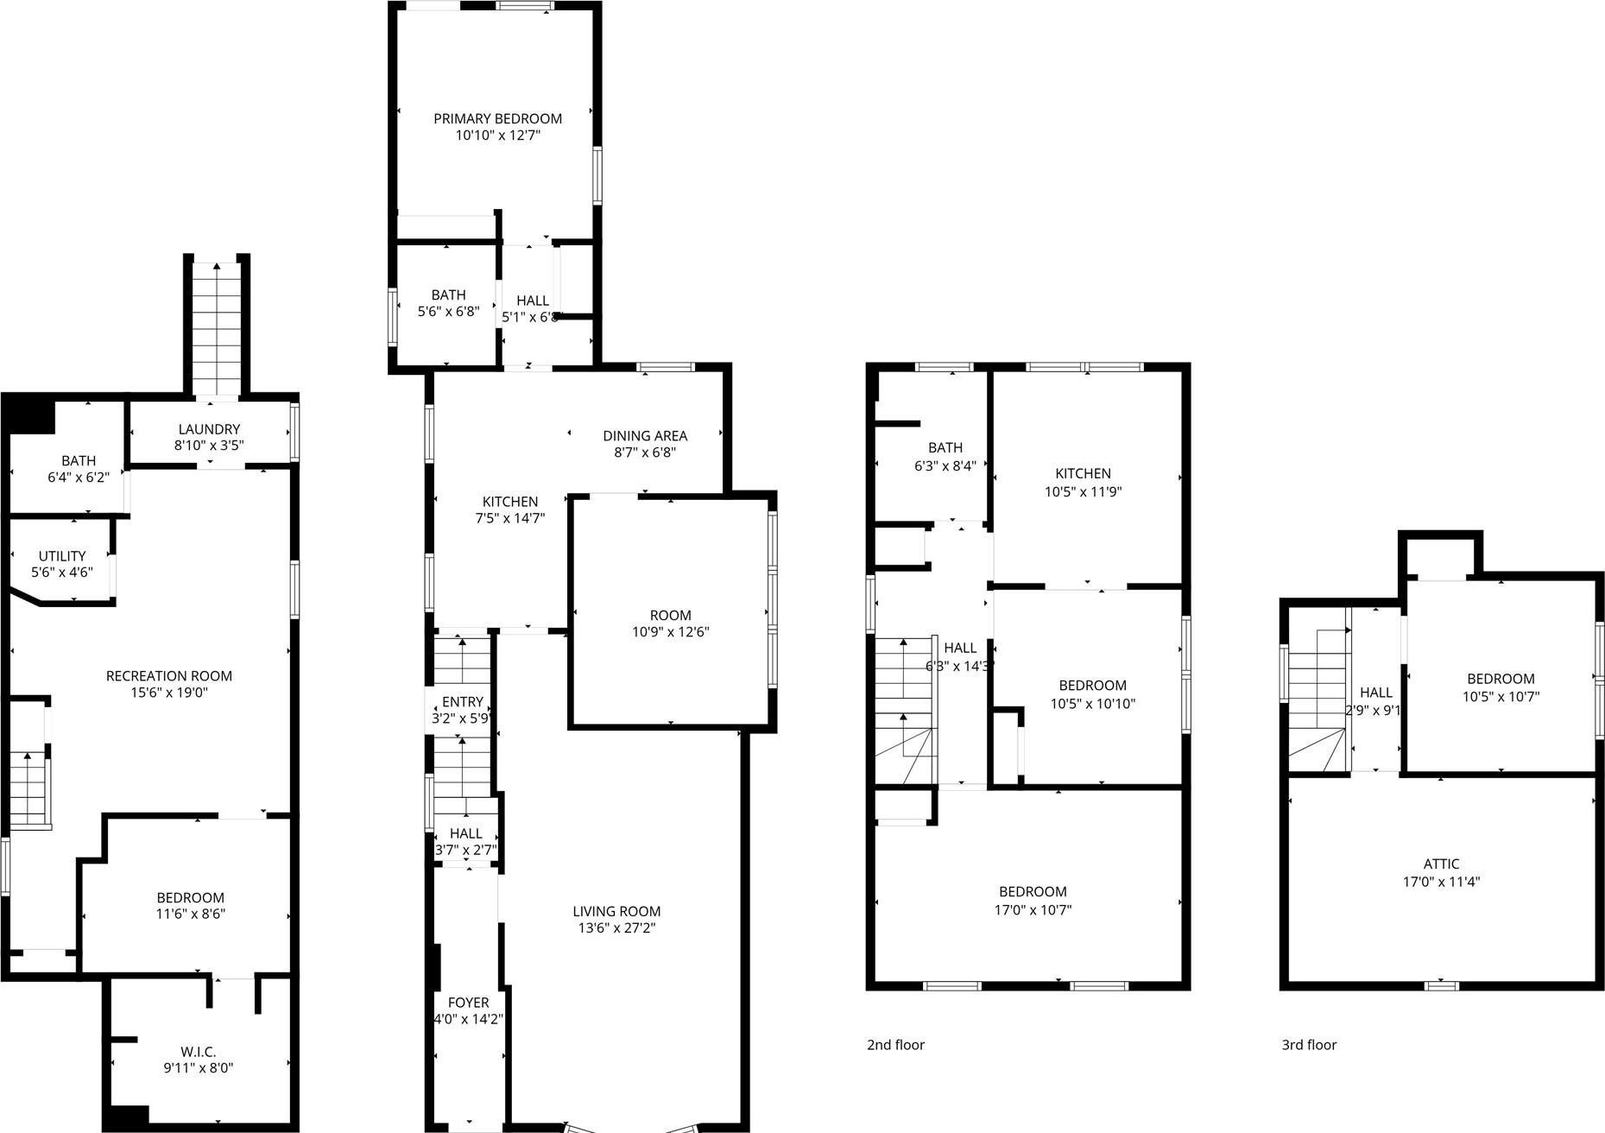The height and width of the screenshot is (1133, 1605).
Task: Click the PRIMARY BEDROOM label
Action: (497, 118)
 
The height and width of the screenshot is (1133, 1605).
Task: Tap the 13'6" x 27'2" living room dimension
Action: (616, 928)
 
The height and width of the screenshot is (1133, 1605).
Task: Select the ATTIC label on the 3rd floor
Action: (1441, 864)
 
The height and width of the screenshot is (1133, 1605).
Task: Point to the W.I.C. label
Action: (199, 1051)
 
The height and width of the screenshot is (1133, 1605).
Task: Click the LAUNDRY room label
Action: (209, 429)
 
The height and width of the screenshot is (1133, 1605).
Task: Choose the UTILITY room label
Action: (62, 556)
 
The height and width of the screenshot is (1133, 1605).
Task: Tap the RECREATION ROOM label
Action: (169, 675)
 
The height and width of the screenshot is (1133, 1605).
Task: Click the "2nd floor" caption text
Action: (895, 1045)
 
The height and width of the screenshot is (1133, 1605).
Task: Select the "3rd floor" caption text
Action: (1309, 1045)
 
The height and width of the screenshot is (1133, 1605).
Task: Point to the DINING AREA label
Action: (645, 435)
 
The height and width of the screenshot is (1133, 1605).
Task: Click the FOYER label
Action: (468, 1003)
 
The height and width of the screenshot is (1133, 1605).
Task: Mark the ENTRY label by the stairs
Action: (463, 702)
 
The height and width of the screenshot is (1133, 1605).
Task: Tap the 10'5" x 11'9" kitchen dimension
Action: (1083, 491)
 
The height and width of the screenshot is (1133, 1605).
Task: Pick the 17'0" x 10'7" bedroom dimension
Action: (1033, 909)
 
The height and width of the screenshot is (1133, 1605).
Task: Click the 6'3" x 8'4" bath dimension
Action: (945, 465)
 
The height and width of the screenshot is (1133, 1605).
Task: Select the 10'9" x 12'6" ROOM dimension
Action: (670, 632)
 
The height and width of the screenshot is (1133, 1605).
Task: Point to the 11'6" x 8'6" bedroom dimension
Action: (191, 914)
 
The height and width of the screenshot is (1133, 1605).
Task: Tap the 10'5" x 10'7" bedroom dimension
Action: (1501, 696)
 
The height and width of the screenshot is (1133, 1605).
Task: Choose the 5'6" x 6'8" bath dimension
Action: (448, 312)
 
